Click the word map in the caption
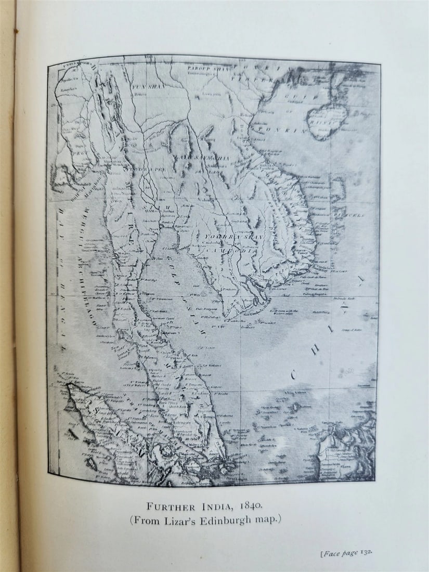point(268,520)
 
